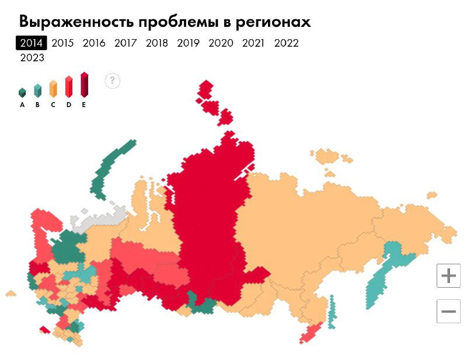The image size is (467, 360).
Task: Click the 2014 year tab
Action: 31,43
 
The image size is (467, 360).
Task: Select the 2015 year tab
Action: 62,43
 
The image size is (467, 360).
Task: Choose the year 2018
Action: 156,43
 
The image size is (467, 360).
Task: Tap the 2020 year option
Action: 221,43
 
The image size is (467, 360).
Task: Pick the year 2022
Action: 286,43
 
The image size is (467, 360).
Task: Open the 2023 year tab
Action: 32,58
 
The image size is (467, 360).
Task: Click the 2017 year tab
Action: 126,43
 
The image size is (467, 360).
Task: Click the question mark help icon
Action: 113,81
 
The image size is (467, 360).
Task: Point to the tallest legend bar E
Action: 84,85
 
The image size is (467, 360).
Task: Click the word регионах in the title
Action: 272,22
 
